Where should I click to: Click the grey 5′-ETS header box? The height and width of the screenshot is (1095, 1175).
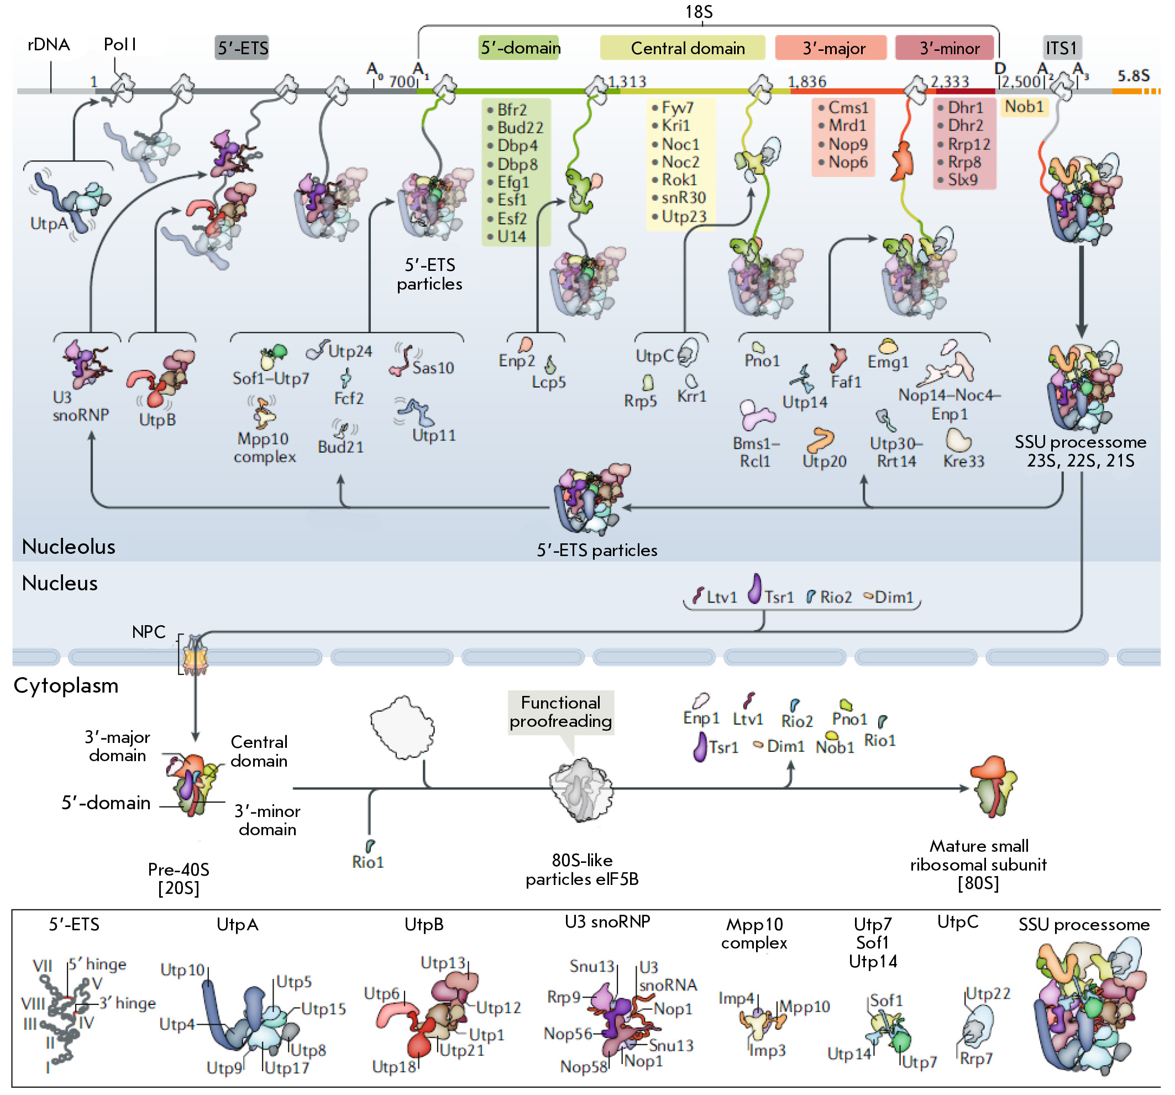point(242,48)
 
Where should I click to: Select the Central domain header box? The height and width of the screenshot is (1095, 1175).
point(682,48)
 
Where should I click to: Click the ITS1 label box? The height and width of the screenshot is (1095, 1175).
point(1062,48)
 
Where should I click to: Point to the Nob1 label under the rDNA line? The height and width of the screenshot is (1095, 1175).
point(1024,107)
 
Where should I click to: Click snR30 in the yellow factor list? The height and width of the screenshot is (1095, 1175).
point(683,197)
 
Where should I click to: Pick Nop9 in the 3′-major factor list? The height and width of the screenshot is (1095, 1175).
point(848,144)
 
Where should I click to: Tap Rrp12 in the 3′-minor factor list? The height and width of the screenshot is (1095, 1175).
point(969,144)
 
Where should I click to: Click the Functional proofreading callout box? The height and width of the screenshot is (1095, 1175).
point(560,712)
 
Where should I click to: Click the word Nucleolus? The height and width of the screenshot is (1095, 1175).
point(69,546)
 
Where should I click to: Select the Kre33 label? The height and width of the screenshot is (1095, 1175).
point(963,461)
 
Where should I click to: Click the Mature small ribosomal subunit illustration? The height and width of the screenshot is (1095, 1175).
point(993,786)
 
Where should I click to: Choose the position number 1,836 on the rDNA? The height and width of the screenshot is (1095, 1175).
point(807,81)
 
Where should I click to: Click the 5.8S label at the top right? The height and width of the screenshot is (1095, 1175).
point(1133,76)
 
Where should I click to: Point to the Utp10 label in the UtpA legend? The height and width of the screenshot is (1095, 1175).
point(182,970)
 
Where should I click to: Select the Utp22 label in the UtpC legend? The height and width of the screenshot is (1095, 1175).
point(988,993)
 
